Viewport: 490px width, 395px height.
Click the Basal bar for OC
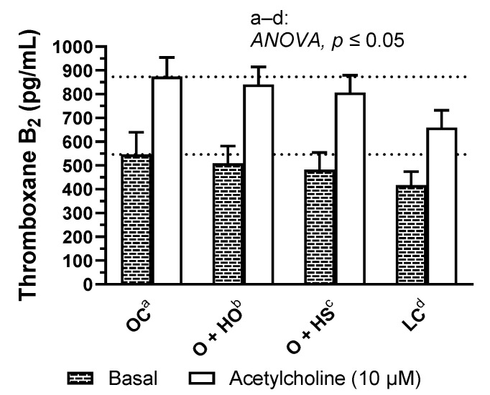[136, 219]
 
